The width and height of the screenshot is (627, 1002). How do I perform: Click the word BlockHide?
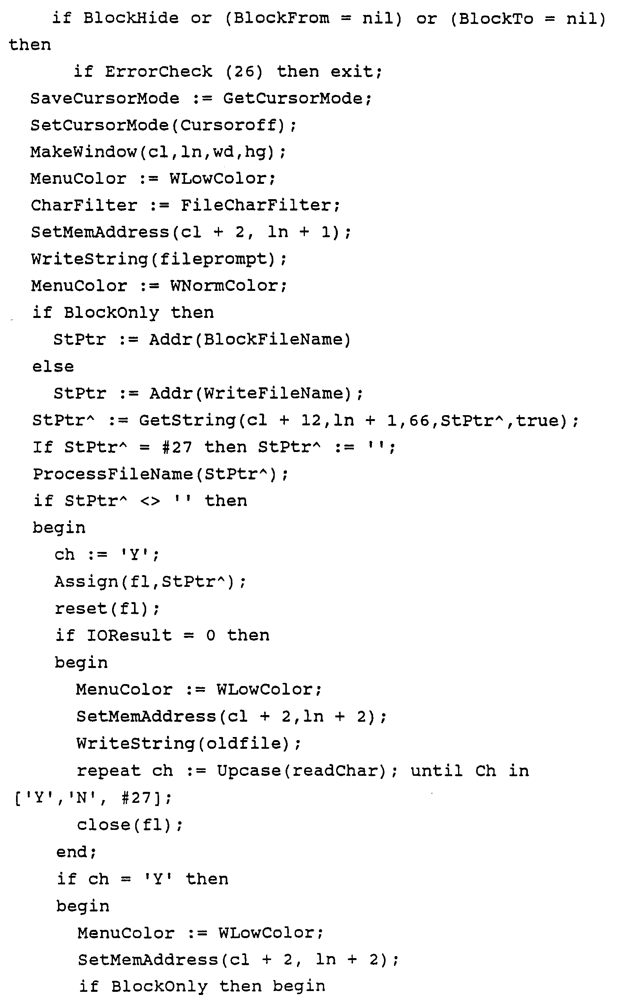pos(130,18)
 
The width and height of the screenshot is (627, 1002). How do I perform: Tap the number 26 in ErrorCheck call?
pos(244,72)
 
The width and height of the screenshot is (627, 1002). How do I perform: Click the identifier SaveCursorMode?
pos(105,99)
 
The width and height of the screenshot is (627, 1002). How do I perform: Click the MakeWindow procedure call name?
pos(83,152)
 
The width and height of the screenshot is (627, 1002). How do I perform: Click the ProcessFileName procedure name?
pos(113,474)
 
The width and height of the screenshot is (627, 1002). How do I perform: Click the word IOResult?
pos(129,635)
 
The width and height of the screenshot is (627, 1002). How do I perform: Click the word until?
pos(437,771)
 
